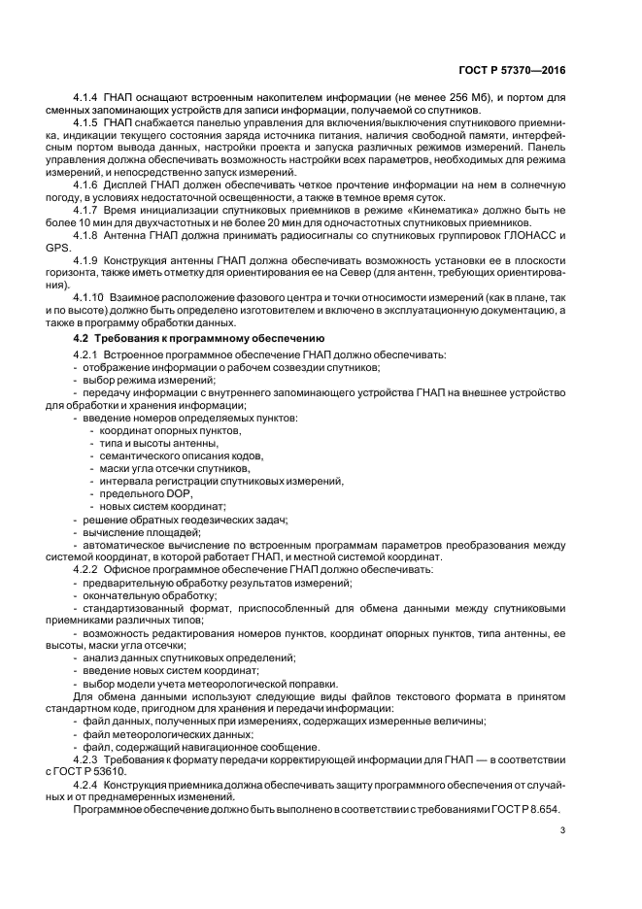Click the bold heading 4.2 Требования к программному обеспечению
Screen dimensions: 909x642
(x=200, y=337)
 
